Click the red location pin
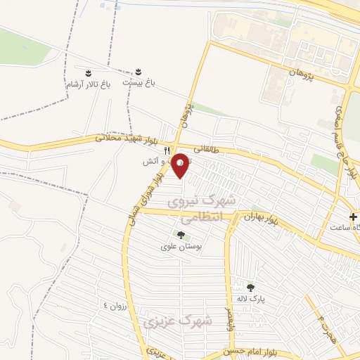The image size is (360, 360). tap(181, 165)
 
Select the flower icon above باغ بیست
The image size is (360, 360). tap(139, 72)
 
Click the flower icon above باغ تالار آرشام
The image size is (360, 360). tap(88, 73)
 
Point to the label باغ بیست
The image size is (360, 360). tap(139, 82)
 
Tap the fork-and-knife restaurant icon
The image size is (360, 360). tap(167, 150)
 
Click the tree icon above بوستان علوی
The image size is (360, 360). tap(181, 235)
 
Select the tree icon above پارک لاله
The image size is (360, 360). tap(250, 287)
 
